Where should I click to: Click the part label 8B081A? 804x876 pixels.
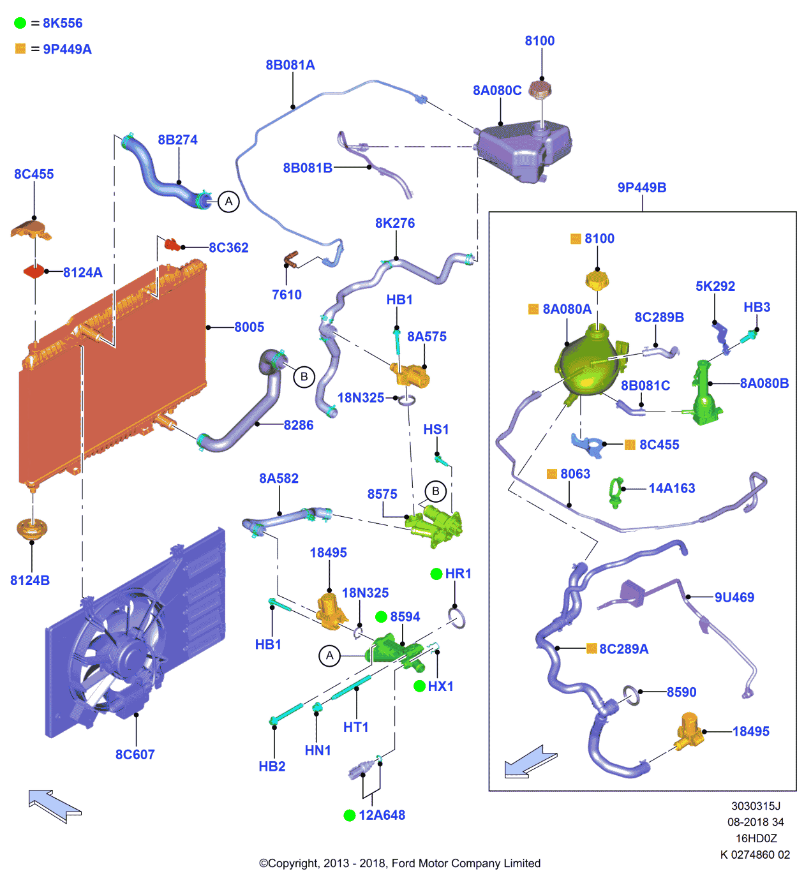tap(290, 65)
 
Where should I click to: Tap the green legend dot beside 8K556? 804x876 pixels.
tap(20, 23)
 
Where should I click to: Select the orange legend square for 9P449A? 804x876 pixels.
tap(20, 48)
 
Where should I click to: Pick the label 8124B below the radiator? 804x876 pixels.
tap(30, 581)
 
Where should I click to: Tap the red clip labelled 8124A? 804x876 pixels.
tap(34, 272)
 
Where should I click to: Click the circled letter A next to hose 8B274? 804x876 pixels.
tap(228, 202)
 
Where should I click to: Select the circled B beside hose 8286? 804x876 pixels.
tap(304, 376)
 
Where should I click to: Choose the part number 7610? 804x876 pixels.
tap(287, 295)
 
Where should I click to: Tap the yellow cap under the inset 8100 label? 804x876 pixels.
tap(597, 279)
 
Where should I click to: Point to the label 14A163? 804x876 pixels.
tap(672, 488)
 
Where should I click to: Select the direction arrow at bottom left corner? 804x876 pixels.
tap(54, 806)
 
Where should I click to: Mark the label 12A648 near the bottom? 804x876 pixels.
tap(382, 815)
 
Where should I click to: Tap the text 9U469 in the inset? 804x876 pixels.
tap(734, 597)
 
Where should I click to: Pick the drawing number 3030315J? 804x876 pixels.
tap(756, 806)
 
